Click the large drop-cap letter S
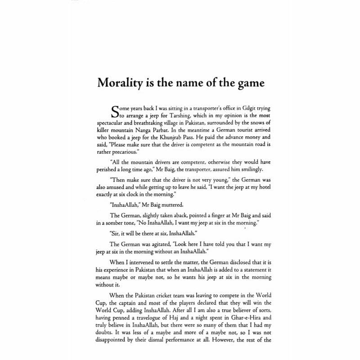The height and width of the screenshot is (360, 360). (115, 112)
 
